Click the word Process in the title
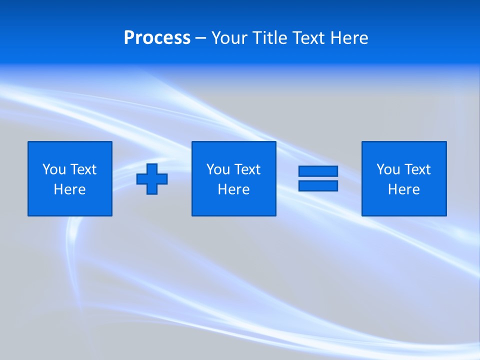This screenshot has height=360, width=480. (157, 38)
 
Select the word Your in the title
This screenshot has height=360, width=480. (228, 38)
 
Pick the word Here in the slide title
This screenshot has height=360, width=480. (349, 38)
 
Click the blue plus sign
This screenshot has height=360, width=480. (152, 179)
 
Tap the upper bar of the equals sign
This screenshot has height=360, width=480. (318, 171)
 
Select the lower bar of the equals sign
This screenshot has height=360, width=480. (318, 185)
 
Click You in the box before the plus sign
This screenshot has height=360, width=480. (54, 169)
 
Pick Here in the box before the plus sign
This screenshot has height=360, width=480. (69, 189)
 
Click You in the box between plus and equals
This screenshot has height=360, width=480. (218, 169)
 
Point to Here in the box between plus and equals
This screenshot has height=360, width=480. (233, 189)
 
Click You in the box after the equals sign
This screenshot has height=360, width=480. (388, 169)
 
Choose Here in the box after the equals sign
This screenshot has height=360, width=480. (403, 189)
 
